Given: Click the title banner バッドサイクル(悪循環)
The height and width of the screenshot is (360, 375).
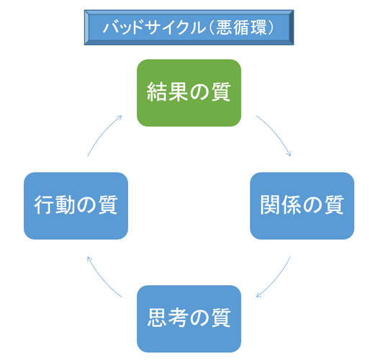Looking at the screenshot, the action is pos(189,27).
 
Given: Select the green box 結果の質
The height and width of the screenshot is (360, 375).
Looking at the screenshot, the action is pos(189,93).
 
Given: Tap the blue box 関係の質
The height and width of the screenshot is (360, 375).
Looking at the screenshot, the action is pos(302,206).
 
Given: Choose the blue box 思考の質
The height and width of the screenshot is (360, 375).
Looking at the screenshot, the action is pos(189,319).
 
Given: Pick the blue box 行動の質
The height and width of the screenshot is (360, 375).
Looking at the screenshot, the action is pos(76,206).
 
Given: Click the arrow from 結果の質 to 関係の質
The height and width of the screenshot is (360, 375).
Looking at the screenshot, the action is pos(276,133).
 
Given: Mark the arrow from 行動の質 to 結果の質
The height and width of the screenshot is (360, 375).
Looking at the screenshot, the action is pos(102,133).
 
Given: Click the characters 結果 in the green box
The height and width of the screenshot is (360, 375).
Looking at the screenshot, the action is pos(167,92).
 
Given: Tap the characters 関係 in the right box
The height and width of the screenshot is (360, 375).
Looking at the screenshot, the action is pos(281,205).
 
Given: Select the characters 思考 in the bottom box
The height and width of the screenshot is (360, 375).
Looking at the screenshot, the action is pos(167,318).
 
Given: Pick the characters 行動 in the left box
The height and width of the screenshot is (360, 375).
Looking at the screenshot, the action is pos(54,205).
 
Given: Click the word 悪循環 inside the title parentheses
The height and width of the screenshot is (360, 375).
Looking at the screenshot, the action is pos(241,27).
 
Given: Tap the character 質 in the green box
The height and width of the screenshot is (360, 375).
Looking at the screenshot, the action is pos(221,92).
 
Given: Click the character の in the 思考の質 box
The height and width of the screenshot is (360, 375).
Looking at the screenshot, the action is pos(199,318).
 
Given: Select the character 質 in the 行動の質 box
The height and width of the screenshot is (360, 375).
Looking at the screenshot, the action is pos(108,205).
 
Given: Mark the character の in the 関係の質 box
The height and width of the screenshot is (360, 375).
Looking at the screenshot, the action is pos(313,205).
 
